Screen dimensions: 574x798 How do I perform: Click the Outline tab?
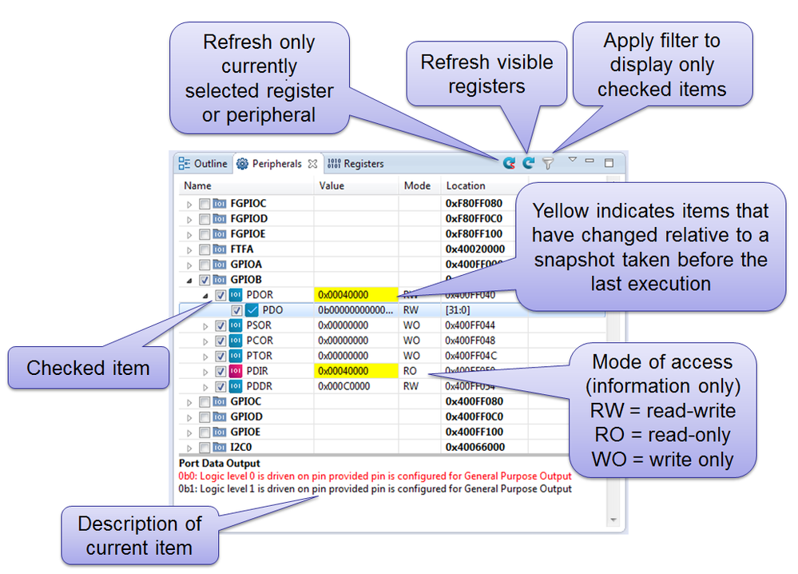[204, 164]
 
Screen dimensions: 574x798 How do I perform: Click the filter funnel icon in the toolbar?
[548, 163]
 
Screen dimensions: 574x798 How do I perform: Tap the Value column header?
[332, 185]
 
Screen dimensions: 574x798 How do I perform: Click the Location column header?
[466, 185]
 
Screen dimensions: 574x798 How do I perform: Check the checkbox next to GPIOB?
[204, 280]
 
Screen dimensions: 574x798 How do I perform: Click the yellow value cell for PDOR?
[355, 295]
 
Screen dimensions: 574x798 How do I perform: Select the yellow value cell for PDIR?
[355, 371]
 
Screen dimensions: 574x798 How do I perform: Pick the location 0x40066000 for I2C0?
[474, 447]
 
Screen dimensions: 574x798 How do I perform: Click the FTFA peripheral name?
[243, 249]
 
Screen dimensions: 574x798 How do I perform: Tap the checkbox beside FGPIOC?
[204, 204]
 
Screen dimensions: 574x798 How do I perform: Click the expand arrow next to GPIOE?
[189, 432]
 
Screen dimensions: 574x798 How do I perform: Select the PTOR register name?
[260, 356]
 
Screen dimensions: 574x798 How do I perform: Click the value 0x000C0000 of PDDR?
[343, 386]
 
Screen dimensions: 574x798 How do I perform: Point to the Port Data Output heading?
[220, 463]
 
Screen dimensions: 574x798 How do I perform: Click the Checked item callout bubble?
[88, 368]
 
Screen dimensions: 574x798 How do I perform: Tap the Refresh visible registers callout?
[486, 74]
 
